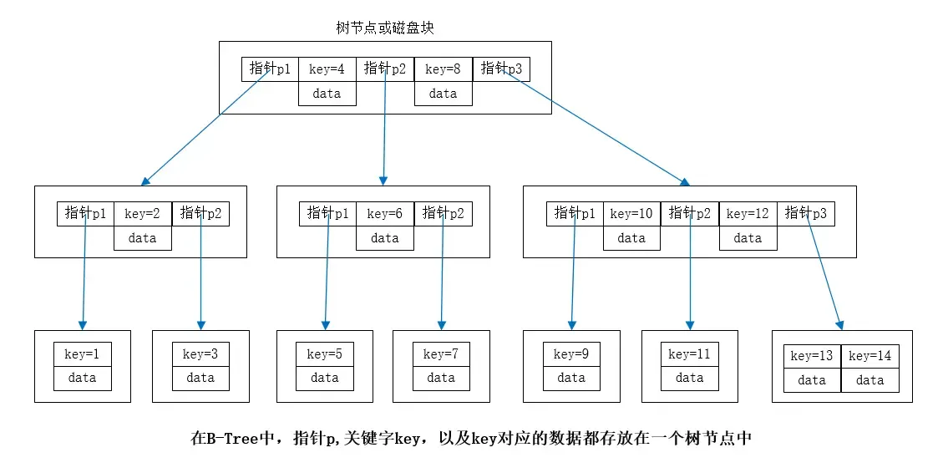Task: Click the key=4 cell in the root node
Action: click(327, 69)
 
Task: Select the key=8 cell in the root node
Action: click(443, 69)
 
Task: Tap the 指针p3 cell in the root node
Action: click(501, 69)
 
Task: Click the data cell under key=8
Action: click(443, 94)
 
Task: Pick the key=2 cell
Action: click(142, 214)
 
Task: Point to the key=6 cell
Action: click(384, 214)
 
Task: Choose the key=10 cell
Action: click(631, 214)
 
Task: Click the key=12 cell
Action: click(748, 214)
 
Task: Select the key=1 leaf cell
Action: click(82, 354)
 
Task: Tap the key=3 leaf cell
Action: click(200, 354)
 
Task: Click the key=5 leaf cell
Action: click(324, 354)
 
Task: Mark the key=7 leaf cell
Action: click(441, 354)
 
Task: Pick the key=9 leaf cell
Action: click(571, 354)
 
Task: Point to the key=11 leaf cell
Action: click(689, 354)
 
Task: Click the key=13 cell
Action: click(812, 356)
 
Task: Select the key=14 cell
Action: click(869, 356)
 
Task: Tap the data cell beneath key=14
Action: click(869, 380)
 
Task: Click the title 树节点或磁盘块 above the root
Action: click(385, 28)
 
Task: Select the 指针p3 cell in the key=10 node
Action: click(806, 214)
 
